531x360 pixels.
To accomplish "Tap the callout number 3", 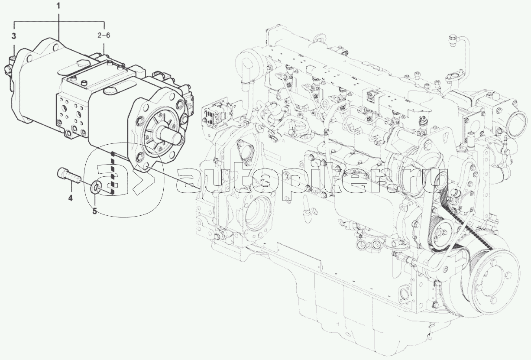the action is tap(14, 36).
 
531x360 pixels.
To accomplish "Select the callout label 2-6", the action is tap(104, 36).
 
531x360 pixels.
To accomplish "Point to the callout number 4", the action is tap(71, 198).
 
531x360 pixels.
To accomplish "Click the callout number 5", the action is tap(94, 211).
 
